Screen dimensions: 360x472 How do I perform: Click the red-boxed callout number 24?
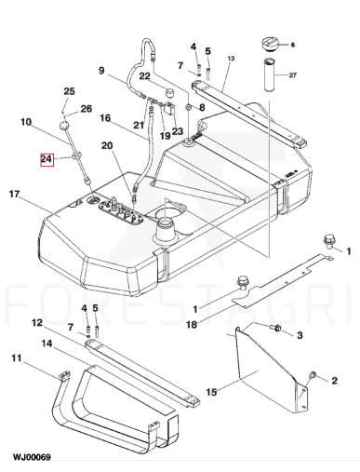pyautogui.click(x=47, y=160)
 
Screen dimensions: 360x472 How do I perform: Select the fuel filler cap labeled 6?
pyautogui.click(x=271, y=44)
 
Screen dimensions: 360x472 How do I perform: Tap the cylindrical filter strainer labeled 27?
pyautogui.click(x=270, y=74)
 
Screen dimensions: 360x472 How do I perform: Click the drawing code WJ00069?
pyautogui.click(x=32, y=457)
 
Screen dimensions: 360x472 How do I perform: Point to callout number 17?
pyautogui.click(x=14, y=195)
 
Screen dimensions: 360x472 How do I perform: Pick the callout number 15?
pyautogui.click(x=211, y=392)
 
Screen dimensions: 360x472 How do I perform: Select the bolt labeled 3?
pyautogui.click(x=276, y=328)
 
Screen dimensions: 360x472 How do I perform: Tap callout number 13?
pyautogui.click(x=231, y=59)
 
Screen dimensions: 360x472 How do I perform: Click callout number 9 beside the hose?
pyautogui.click(x=101, y=71)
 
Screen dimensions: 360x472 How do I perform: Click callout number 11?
pyautogui.click(x=17, y=358)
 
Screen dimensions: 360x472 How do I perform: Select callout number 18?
pyautogui.click(x=192, y=325)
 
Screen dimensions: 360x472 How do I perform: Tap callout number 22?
pyautogui.click(x=144, y=76)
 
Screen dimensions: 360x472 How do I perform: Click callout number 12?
pyautogui.click(x=37, y=323)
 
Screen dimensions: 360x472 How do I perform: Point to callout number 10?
pyautogui.click(x=26, y=122)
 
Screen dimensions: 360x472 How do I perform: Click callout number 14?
pyautogui.click(x=47, y=344)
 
